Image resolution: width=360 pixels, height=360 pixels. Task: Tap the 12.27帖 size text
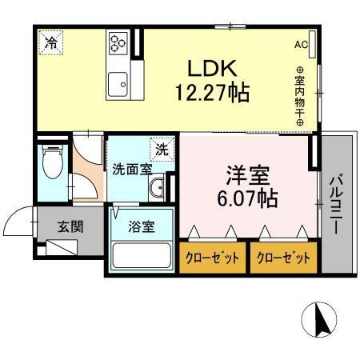(212, 92)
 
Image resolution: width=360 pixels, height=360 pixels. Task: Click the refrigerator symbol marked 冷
(50, 42)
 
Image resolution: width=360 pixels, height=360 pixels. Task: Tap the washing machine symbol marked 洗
(162, 148)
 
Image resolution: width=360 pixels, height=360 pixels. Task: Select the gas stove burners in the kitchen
(118, 42)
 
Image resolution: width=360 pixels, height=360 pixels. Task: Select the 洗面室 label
(132, 170)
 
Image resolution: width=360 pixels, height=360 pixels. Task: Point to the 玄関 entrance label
(70, 226)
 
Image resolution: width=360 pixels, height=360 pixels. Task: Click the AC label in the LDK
(301, 44)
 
